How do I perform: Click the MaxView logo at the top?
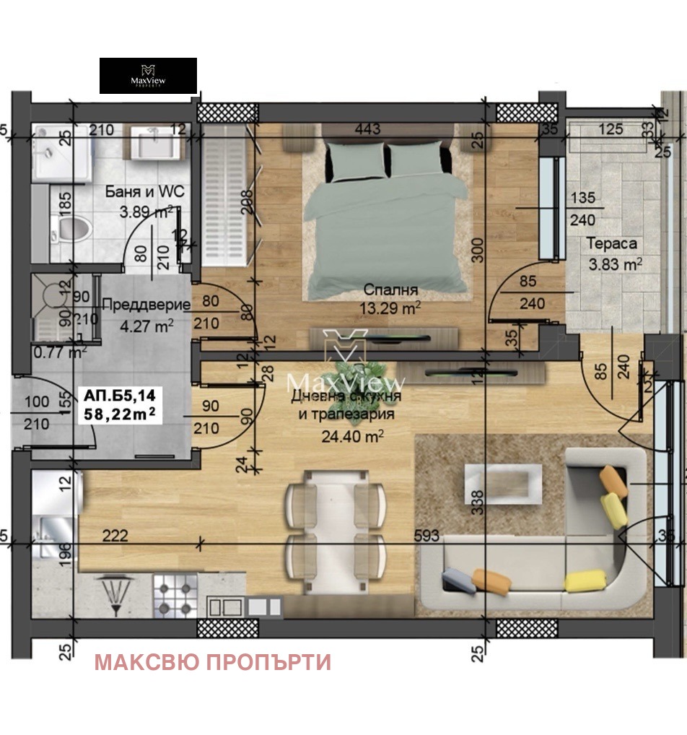tap(148, 76)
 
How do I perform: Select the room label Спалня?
tap(390, 290)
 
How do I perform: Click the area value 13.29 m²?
tap(390, 308)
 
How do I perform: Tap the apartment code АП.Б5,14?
tap(124, 395)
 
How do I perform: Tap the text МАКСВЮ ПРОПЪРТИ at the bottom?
tap(213, 662)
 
